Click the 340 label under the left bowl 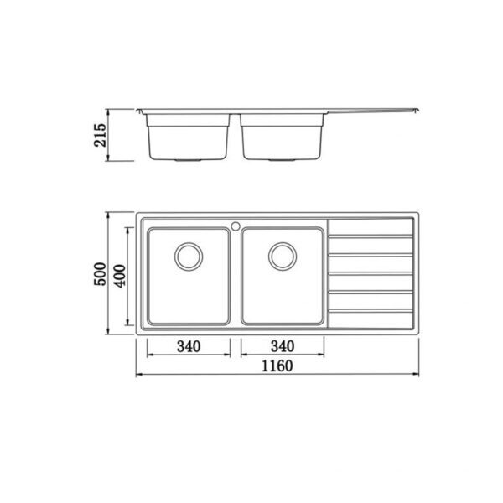tap(189, 346)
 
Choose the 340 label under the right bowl tap(283, 346)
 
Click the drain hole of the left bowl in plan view tap(187, 255)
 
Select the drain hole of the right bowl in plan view tap(282, 255)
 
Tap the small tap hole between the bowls tap(236, 225)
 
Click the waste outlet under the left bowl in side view tap(189, 158)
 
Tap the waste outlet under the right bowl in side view tap(282, 158)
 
